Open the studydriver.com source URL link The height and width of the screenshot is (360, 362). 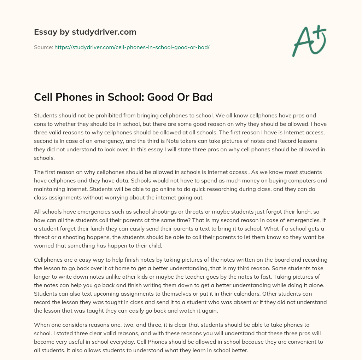(x=132, y=47)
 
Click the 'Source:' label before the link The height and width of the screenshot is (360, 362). (x=43, y=47)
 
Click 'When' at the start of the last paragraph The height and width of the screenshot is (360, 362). (x=42, y=325)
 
